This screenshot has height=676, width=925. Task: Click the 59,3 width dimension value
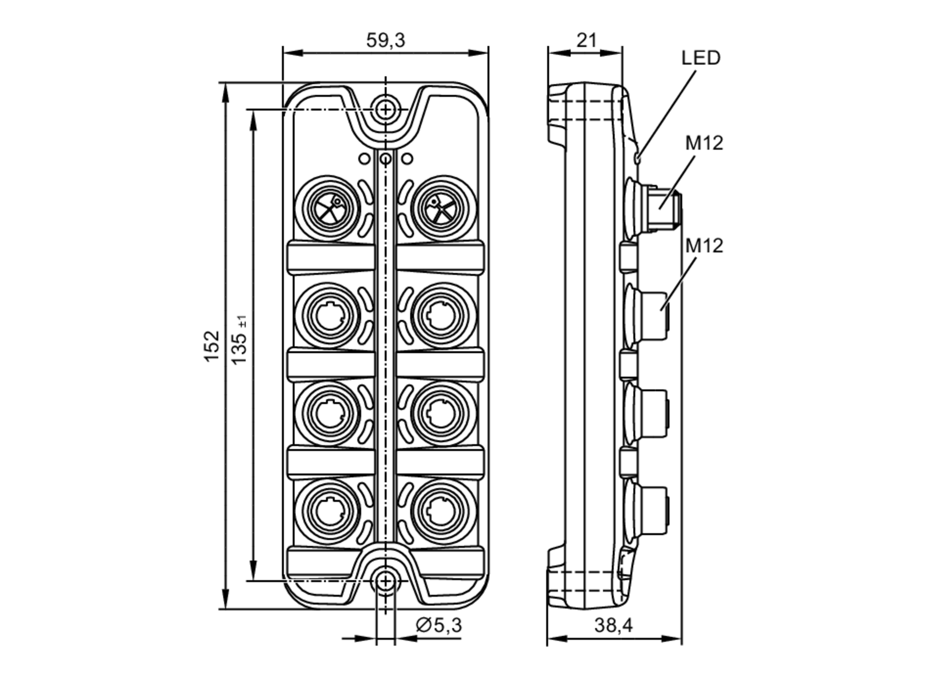pos(385,41)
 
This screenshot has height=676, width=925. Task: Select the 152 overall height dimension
pos(211,346)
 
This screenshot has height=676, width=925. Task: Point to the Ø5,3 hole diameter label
pos(438,625)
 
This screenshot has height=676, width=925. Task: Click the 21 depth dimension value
pos(586,41)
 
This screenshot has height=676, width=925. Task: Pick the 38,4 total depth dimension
pos(613,625)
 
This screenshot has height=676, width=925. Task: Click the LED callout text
pos(701,58)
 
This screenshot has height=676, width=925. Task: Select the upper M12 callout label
pos(703,143)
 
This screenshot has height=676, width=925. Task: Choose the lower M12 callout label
pos(703,246)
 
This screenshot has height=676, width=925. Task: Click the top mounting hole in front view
pos(385,110)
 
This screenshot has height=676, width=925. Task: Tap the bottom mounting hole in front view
pos(385,581)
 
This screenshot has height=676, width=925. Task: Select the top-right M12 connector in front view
pos(443,208)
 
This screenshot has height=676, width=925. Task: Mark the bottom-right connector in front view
pos(443,511)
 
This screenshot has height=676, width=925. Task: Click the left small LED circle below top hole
pos(364,159)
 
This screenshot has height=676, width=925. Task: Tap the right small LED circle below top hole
pos(407,159)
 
